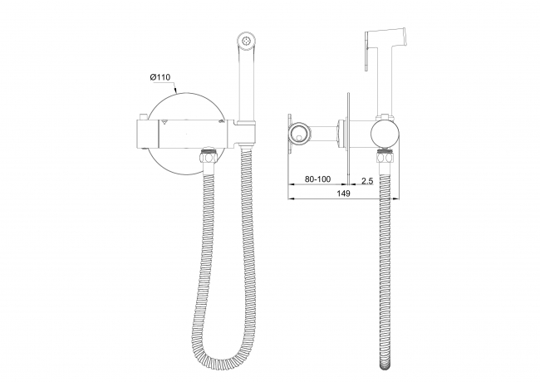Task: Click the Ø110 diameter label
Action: tap(160, 77)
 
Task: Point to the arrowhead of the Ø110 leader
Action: tap(175, 91)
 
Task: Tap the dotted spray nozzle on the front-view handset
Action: tap(246, 40)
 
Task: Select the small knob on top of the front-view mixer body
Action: tap(143, 116)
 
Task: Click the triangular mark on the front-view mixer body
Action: tap(164, 121)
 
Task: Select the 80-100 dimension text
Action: tap(317, 179)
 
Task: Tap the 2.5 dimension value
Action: tap(367, 181)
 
